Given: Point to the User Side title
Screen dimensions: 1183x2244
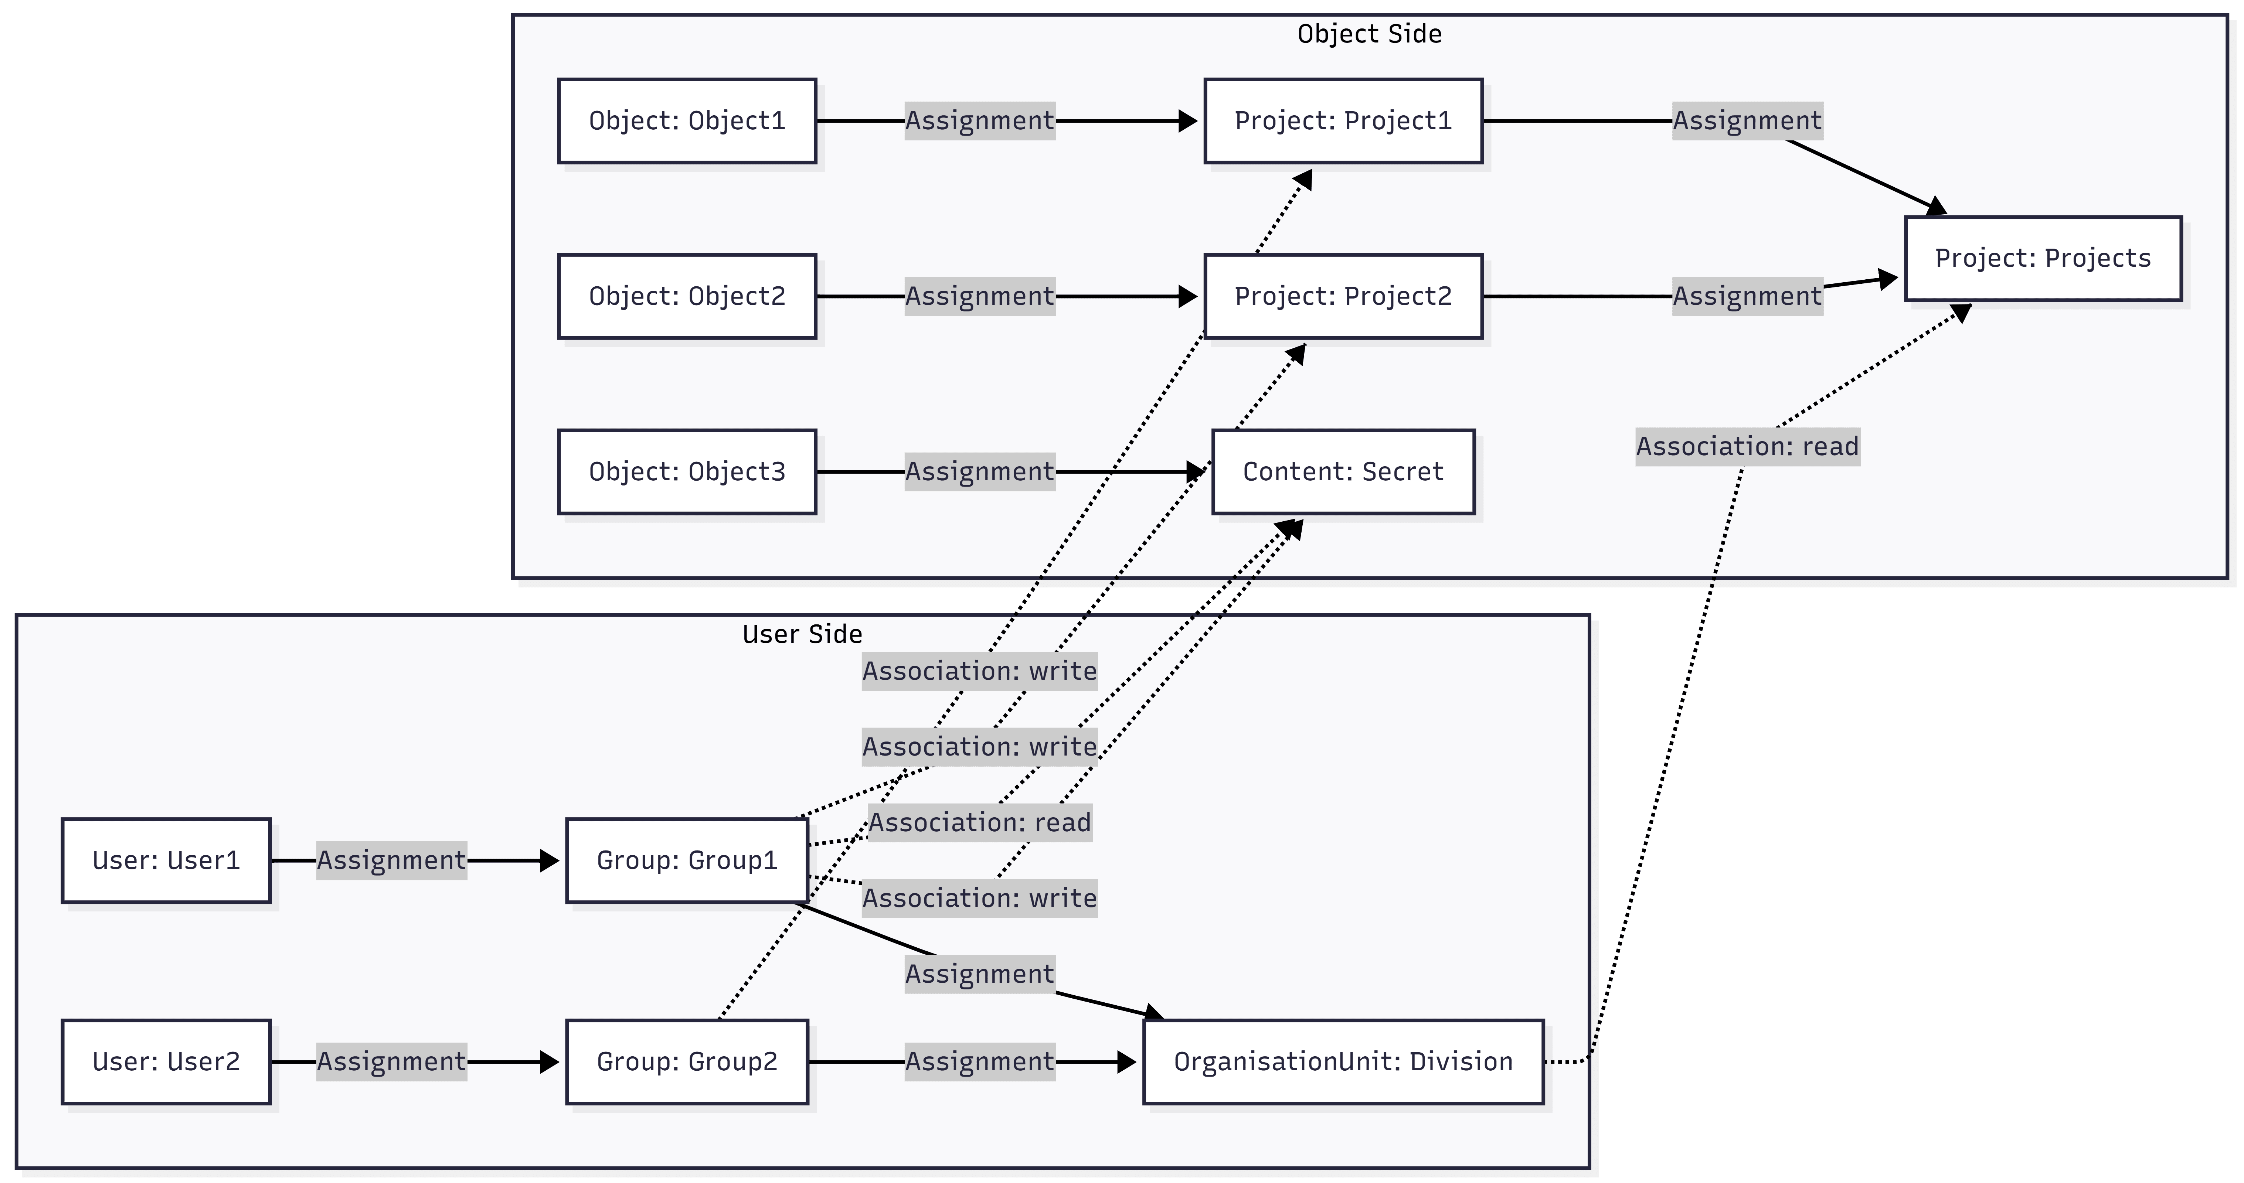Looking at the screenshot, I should pos(802,634).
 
